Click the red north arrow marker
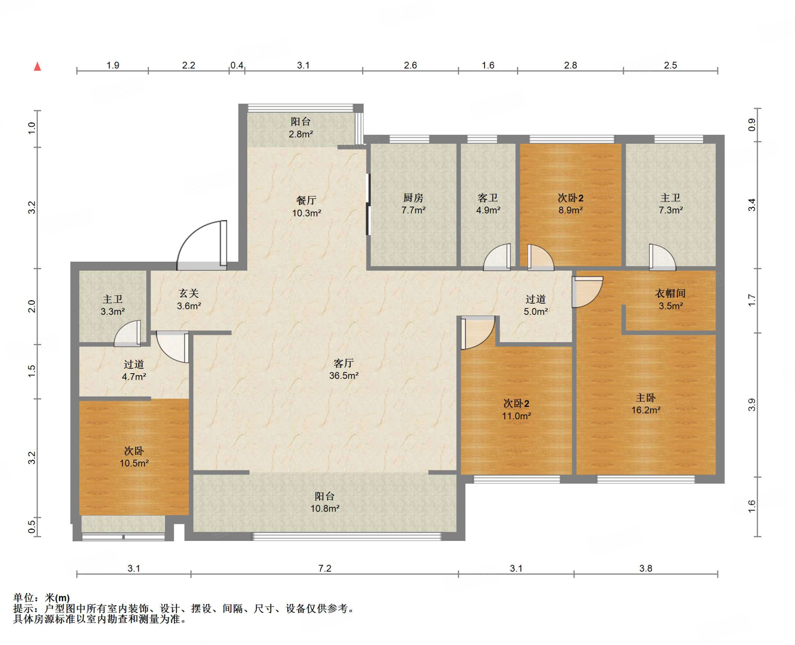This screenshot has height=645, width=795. click(37, 66)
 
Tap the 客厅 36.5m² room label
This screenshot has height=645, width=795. click(344, 369)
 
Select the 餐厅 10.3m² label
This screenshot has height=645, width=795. click(306, 207)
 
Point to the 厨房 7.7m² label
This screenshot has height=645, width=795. click(413, 204)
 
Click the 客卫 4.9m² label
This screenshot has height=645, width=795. click(488, 204)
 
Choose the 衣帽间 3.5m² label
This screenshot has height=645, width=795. click(670, 299)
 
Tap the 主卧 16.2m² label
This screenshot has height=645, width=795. click(646, 404)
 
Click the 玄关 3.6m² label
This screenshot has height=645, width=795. click(189, 299)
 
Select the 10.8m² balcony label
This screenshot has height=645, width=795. click(325, 502)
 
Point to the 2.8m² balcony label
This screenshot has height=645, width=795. click(300, 128)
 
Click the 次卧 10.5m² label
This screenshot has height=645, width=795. click(134, 457)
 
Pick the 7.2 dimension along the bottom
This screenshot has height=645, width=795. click(325, 568)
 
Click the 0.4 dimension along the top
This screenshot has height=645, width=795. click(237, 65)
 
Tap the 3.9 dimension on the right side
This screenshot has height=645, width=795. click(752, 405)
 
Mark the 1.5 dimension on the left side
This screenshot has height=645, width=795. click(31, 371)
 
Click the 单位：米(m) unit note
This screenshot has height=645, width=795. click(42, 598)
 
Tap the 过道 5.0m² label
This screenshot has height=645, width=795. click(536, 305)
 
